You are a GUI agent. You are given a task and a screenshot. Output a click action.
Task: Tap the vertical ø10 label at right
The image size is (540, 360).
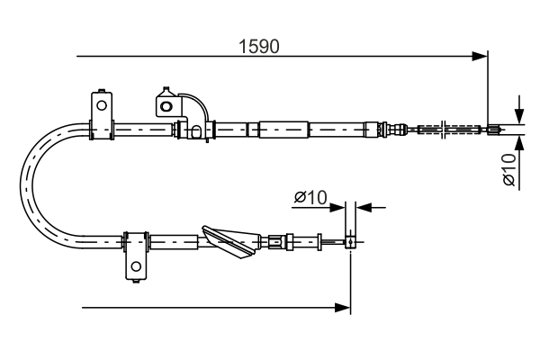pyautogui.click(x=509, y=170)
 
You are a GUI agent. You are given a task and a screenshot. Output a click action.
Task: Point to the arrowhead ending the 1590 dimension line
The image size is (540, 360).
pyautogui.click(x=481, y=57)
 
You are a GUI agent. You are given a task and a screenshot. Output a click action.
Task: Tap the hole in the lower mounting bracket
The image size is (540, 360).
pyautogui.click(x=136, y=266)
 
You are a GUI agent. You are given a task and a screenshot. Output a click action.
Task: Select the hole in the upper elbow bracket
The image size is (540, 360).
pyautogui.click(x=165, y=105)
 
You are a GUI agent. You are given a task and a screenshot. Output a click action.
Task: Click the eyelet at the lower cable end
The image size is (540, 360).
pyautogui.click(x=350, y=241)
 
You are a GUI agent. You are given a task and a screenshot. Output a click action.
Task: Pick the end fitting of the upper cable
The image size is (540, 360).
pyautogui.click(x=493, y=130)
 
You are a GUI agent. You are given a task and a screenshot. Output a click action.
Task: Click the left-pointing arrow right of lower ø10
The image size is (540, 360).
pyautogui.click(x=364, y=207)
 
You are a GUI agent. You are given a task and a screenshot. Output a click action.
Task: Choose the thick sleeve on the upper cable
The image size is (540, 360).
pyautogui.click(x=283, y=130)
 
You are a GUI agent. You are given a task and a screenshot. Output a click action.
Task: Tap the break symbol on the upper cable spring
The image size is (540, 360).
pyautogui.click(x=442, y=130)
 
